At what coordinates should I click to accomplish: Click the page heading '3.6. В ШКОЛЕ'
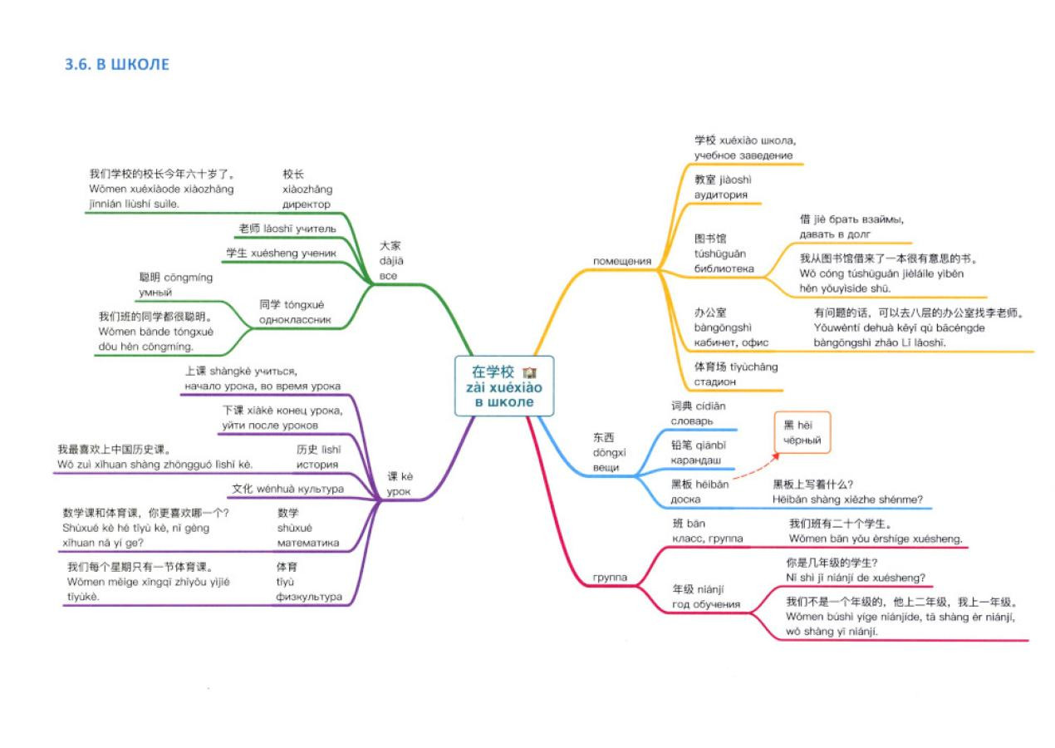(x=117, y=64)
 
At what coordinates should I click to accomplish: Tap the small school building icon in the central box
(x=530, y=372)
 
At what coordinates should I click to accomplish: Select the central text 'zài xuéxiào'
(x=504, y=387)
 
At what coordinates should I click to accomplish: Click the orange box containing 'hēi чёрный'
(x=802, y=432)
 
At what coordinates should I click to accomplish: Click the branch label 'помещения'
(x=622, y=261)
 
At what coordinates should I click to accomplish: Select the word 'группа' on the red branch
(x=610, y=578)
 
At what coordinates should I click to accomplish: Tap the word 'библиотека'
(x=724, y=268)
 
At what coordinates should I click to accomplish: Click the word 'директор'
(x=307, y=204)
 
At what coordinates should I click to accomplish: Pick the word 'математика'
(x=308, y=543)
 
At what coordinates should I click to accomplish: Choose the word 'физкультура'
(x=309, y=597)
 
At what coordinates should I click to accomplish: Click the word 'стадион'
(x=714, y=382)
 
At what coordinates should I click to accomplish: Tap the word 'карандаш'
(x=695, y=460)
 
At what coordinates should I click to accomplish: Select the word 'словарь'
(x=692, y=421)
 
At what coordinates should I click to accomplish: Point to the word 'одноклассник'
(x=295, y=320)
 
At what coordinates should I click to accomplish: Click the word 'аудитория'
(x=720, y=195)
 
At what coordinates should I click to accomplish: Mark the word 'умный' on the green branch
(x=155, y=293)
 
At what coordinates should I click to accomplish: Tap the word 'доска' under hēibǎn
(x=685, y=499)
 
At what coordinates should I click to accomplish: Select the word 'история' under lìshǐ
(x=317, y=465)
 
